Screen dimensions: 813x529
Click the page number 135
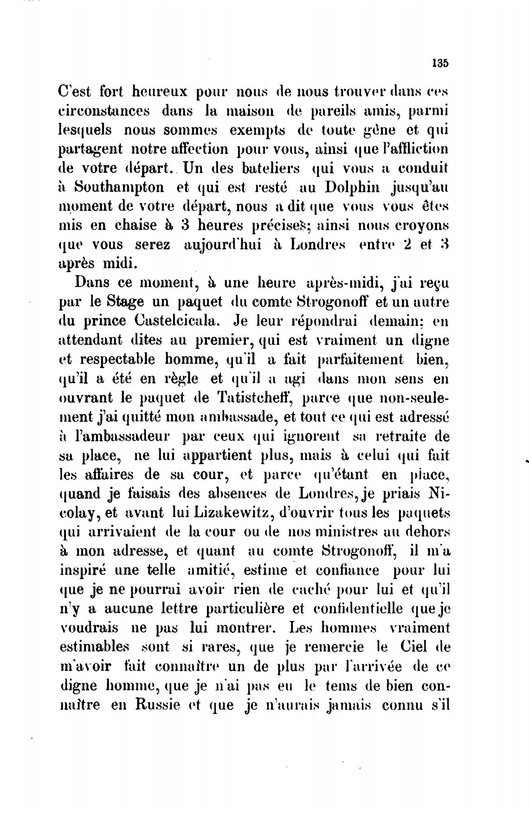pyautogui.click(x=440, y=63)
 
